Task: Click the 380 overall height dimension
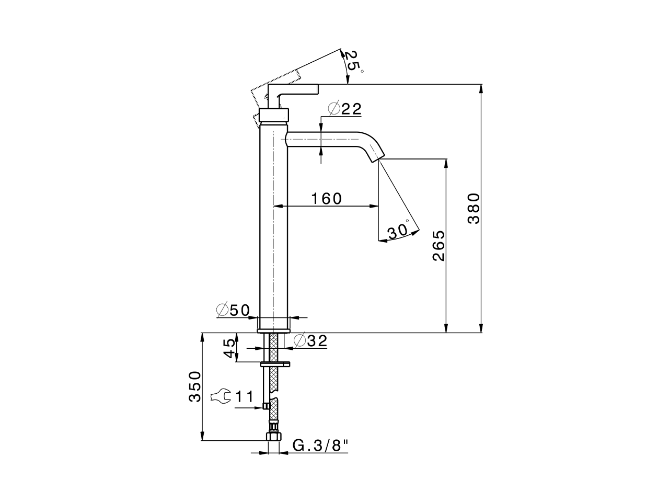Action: click(x=474, y=208)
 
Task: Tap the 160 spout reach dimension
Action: click(x=326, y=199)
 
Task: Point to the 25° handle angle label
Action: click(x=353, y=61)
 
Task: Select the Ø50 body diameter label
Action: click(x=234, y=310)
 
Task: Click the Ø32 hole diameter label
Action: click(x=310, y=341)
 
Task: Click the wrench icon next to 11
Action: click(x=220, y=397)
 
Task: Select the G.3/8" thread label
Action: click(x=320, y=446)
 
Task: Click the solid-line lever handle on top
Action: click(x=296, y=90)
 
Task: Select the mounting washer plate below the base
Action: click(x=275, y=363)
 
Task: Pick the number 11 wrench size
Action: click(x=244, y=397)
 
